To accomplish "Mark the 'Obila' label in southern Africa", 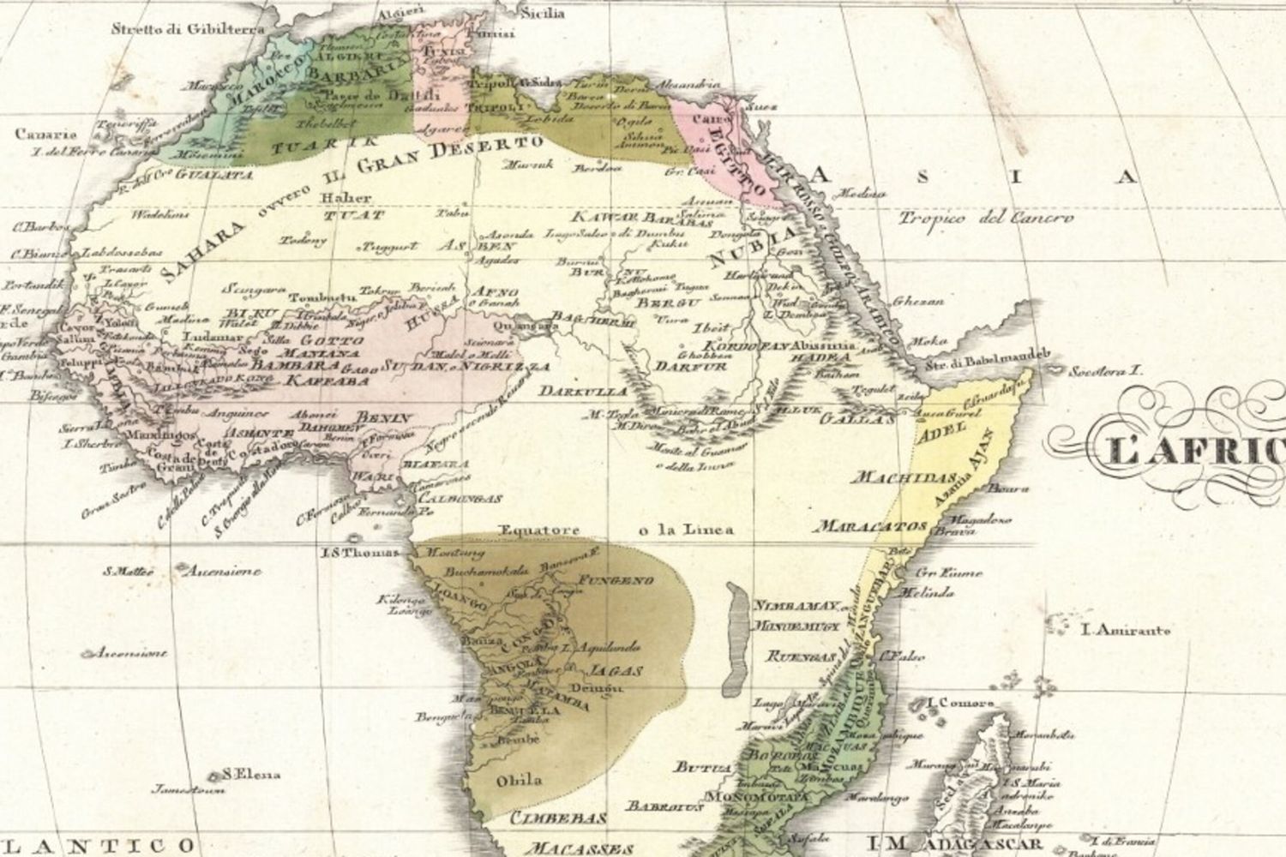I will click(520, 780).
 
